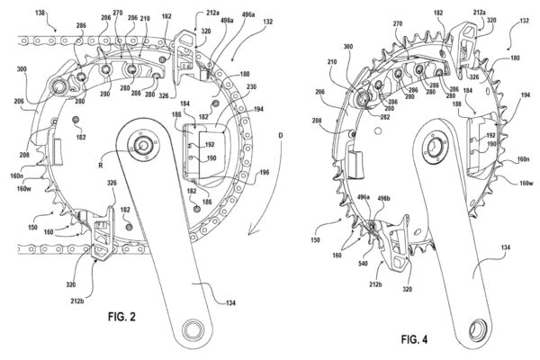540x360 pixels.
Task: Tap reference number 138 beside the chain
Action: coord(16,8)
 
